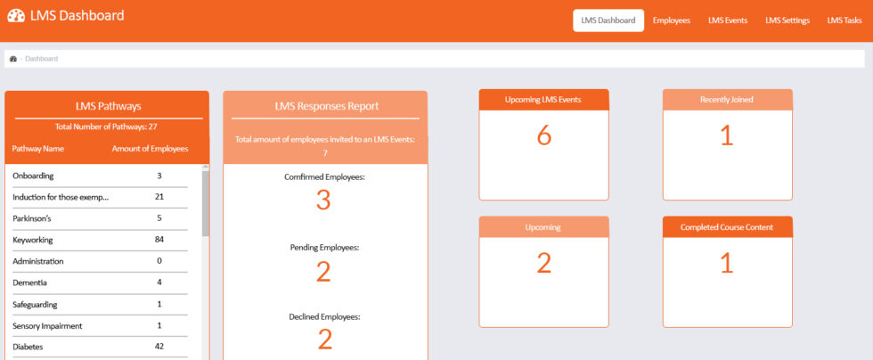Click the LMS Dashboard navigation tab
coord(608,20)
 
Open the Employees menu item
coord(671,20)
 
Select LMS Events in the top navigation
coord(727,20)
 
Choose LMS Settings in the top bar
coord(787,20)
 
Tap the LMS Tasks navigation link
coord(844,20)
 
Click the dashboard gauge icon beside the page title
coord(16,16)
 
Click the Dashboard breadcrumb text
coord(41,59)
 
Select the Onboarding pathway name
coord(31,176)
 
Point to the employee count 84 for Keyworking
coord(159,240)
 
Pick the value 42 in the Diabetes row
coord(159,347)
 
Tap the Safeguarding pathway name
coord(36,304)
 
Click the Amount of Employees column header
coord(150,149)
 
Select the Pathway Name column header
coord(38,149)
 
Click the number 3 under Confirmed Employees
coord(323,201)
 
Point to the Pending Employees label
coord(324,247)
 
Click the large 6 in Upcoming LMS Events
coord(543,135)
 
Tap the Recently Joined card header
coord(727,100)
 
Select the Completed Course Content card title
coord(727,227)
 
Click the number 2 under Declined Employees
coord(324,340)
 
